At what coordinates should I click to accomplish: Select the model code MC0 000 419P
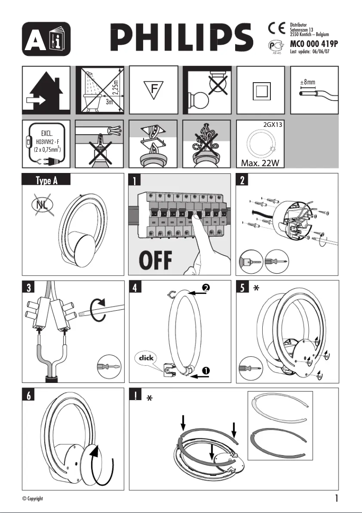313,44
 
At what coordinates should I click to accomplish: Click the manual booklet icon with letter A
46,39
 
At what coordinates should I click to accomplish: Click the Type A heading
46,181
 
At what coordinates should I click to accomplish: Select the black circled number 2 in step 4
206,288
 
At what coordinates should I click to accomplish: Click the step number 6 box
29,395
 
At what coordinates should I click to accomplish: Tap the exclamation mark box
136,395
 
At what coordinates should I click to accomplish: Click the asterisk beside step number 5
256,289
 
